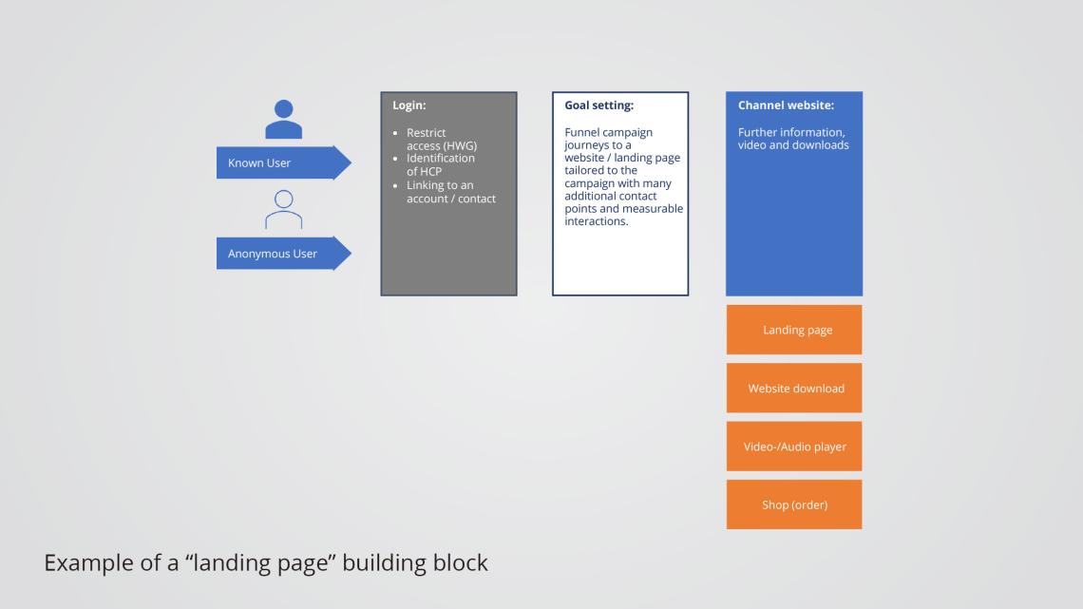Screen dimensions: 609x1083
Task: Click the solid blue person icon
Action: tap(283, 120)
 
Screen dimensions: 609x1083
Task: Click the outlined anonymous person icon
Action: tap(283, 210)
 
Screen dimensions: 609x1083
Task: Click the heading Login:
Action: tap(409, 105)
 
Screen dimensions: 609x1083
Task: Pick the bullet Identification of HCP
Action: tap(440, 164)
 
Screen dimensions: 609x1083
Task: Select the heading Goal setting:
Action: tap(598, 105)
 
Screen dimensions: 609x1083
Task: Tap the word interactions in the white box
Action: tap(596, 221)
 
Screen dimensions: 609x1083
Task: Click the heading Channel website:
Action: tap(786, 105)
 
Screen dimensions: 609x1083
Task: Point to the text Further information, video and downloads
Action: tap(792, 139)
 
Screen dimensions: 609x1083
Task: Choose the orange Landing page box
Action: tap(794, 330)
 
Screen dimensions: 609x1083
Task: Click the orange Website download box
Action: tap(794, 388)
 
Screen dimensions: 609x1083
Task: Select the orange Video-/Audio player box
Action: tap(794, 447)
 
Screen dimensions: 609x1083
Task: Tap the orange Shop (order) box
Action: tap(794, 504)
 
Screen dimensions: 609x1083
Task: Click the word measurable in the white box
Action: tap(653, 209)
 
